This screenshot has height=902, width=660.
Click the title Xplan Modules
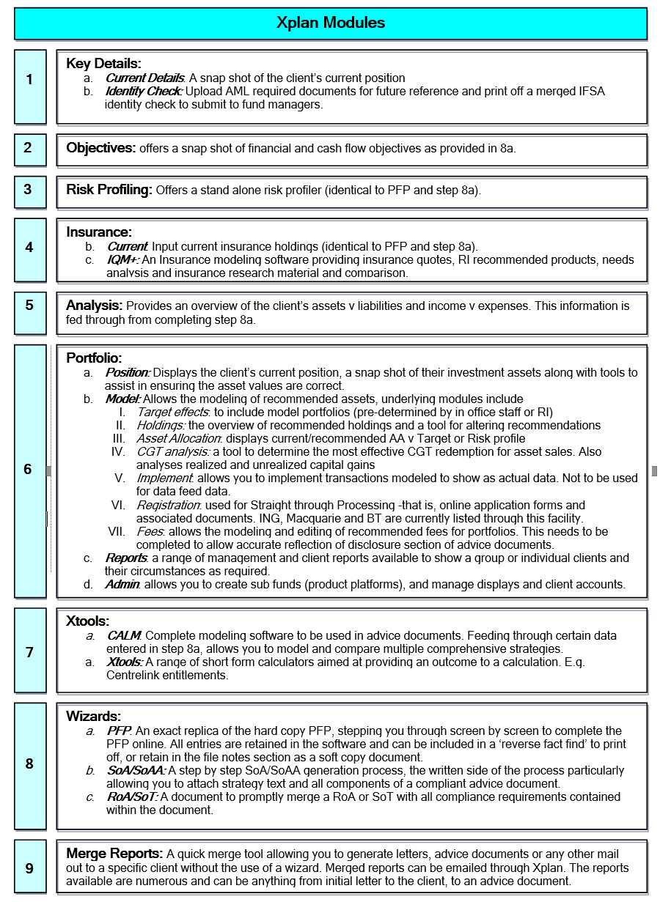(331, 23)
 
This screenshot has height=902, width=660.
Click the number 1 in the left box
(29, 79)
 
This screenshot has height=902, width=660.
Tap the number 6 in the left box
(29, 469)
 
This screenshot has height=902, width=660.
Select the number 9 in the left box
(29, 868)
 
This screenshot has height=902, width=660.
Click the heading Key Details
(103, 64)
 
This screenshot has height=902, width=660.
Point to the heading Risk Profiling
(109, 190)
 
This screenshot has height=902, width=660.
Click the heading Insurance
(99, 232)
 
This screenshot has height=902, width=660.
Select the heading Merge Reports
(114, 854)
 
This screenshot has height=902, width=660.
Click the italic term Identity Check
(144, 92)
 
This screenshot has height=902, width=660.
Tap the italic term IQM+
(123, 259)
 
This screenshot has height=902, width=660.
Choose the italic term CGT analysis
(173, 451)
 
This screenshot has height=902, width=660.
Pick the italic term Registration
(169, 505)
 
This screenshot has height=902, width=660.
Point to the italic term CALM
(124, 635)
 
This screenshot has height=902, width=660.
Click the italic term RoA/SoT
(132, 796)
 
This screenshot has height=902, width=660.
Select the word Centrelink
(133, 675)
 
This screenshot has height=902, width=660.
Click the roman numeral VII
(117, 531)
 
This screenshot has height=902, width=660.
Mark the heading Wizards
(93, 716)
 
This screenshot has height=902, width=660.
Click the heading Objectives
(101, 148)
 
